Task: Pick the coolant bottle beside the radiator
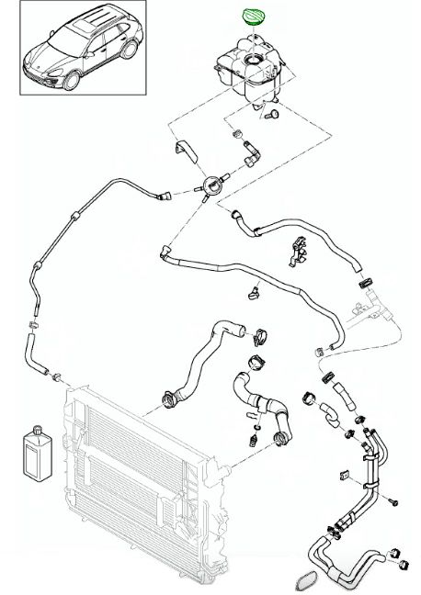(x=36, y=450)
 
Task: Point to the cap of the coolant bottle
(x=36, y=427)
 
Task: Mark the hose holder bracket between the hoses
(x=296, y=250)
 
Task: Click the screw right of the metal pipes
(x=393, y=502)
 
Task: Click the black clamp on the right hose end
(x=365, y=279)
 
